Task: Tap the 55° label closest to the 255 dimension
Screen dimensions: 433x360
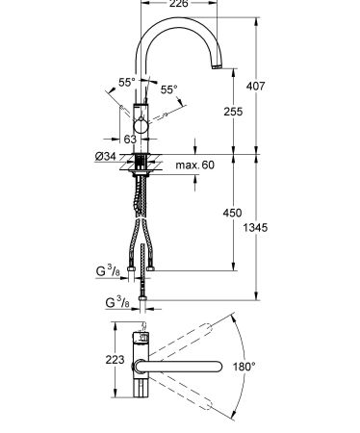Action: click(x=168, y=89)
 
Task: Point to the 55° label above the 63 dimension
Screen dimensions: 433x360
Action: click(x=125, y=83)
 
